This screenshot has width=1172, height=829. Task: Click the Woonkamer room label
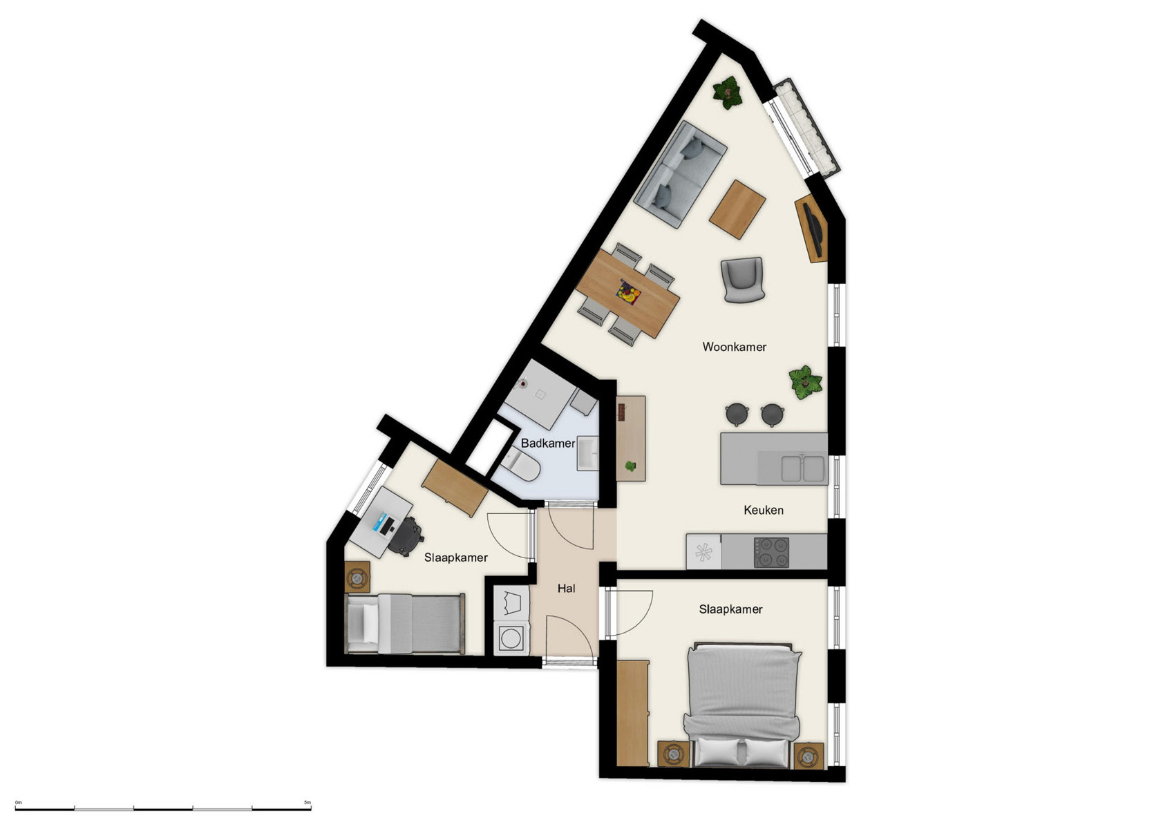click(734, 347)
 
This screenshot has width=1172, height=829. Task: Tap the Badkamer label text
click(547, 443)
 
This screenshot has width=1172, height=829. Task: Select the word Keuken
click(763, 510)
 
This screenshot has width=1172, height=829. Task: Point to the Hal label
click(566, 589)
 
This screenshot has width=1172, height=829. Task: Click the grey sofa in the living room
click(679, 173)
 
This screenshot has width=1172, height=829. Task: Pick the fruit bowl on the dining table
click(628, 292)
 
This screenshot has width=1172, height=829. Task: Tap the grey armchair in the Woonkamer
click(743, 279)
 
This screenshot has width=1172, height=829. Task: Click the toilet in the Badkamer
click(521, 465)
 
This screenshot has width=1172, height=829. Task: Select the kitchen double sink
click(802, 468)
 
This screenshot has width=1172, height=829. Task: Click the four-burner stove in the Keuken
click(771, 552)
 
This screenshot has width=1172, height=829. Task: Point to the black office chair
click(405, 536)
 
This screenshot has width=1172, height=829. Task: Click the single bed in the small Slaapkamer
click(404, 624)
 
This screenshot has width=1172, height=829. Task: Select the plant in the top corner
click(727, 92)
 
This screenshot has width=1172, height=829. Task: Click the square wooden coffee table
click(737, 209)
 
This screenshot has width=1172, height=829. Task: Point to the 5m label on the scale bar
click(307, 803)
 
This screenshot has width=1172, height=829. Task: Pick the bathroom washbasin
click(588, 452)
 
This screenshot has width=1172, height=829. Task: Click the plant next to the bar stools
click(805, 382)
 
